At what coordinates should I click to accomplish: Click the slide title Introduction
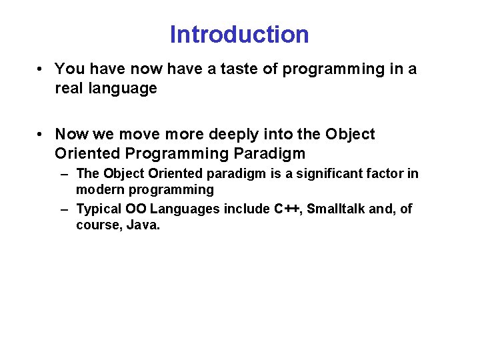[239, 34]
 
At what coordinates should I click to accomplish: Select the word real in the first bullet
[67, 88]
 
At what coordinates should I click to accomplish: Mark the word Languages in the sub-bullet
[185, 209]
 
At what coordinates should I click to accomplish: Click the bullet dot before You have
[41, 69]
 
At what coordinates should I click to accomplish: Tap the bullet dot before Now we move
[41, 135]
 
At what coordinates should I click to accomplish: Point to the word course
[95, 225]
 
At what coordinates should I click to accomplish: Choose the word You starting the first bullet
[67, 69]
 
